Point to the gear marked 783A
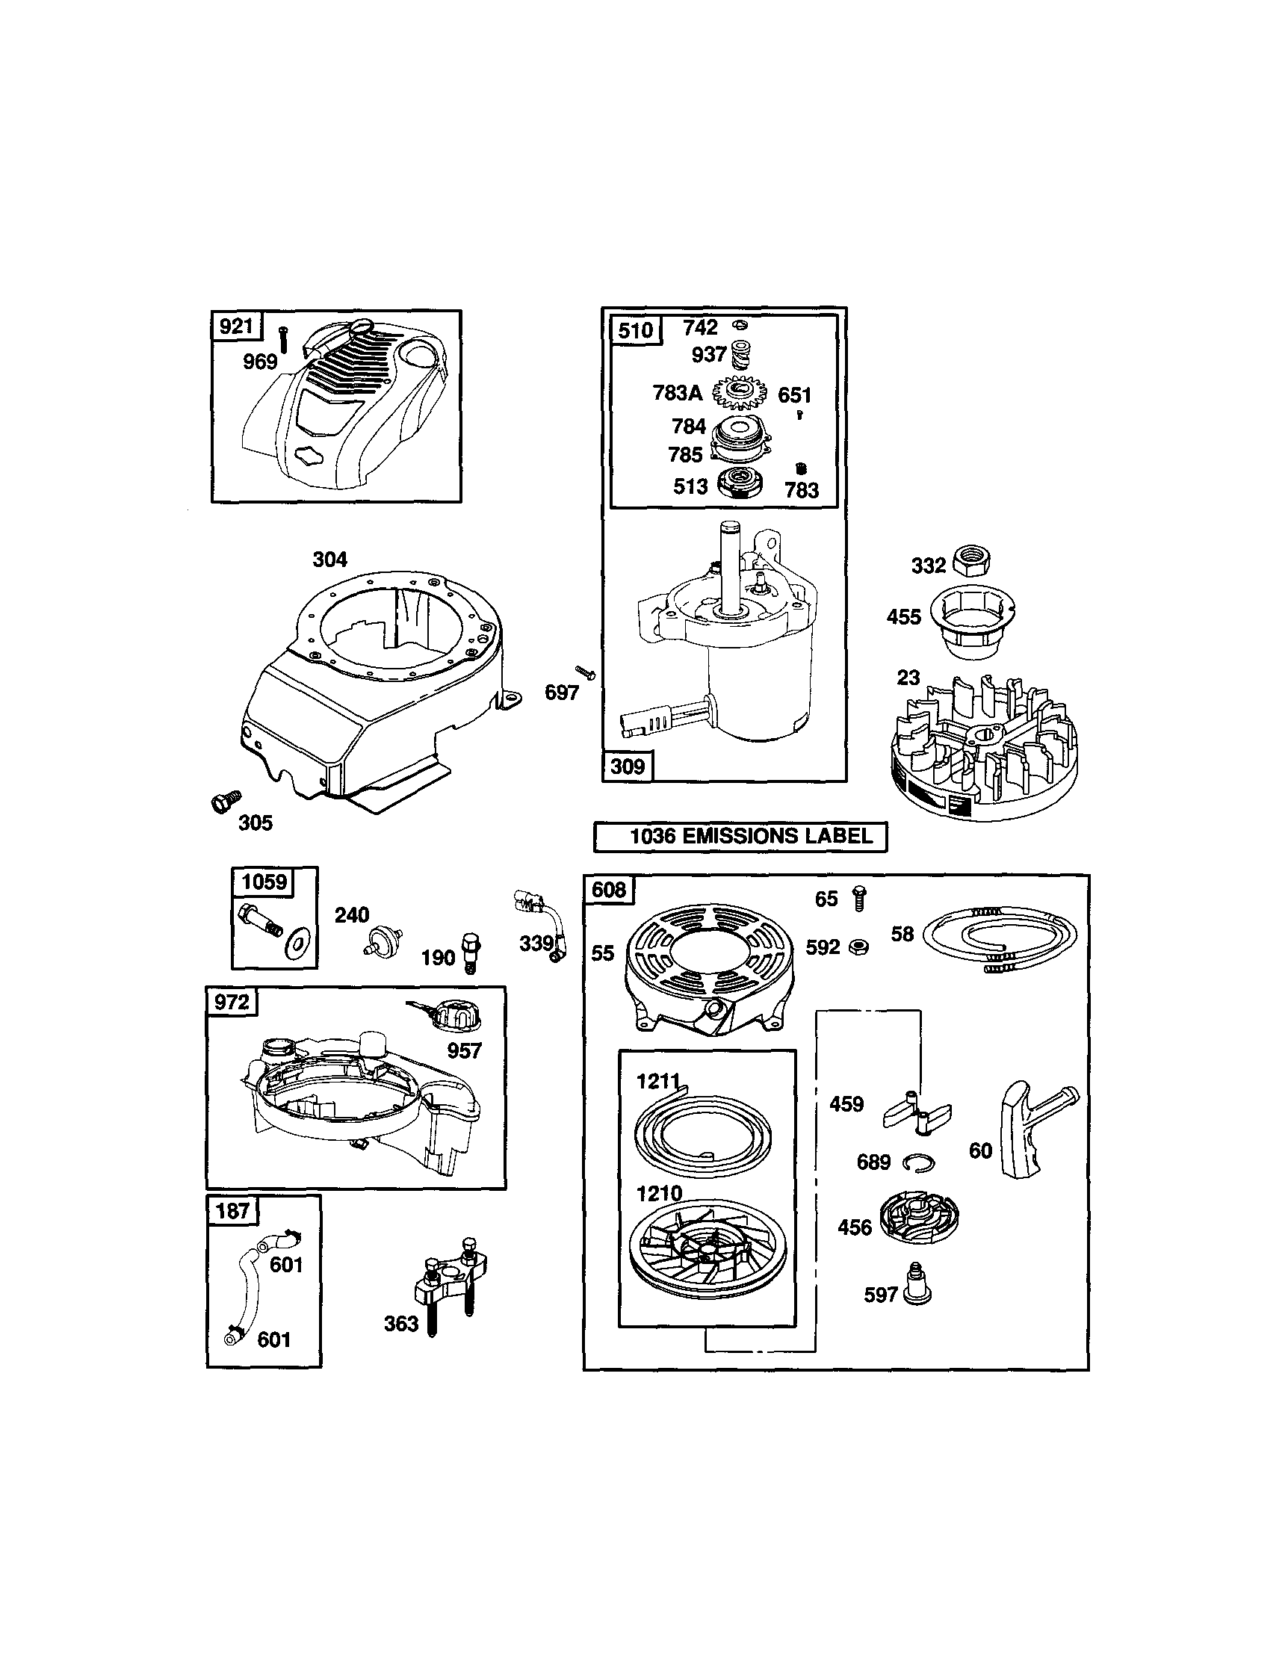[739, 393]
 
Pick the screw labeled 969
[283, 338]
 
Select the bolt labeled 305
[224, 801]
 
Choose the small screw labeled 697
[585, 672]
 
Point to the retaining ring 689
[919, 1163]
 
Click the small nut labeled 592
[859, 947]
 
